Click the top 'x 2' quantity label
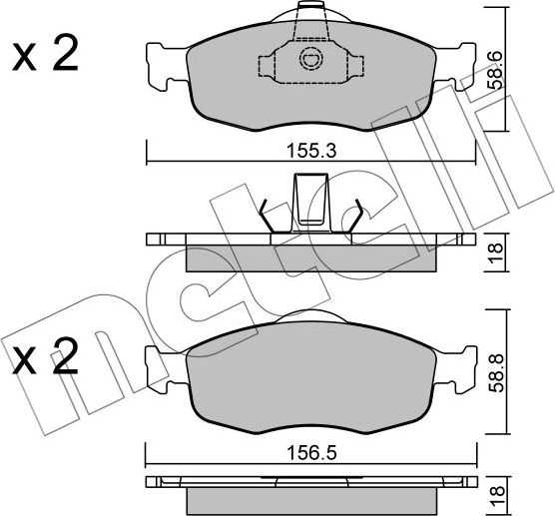[x=44, y=58]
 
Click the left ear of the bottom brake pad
[x=160, y=363]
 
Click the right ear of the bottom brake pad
[x=461, y=363]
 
